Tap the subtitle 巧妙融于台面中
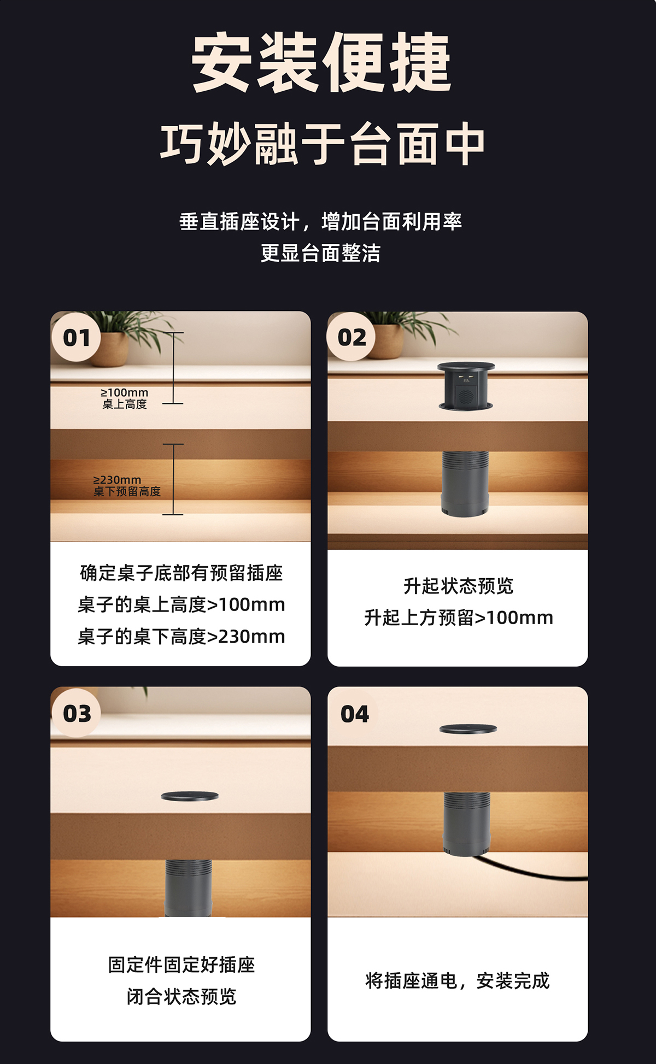(x=323, y=144)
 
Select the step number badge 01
(x=77, y=338)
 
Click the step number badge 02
(x=352, y=338)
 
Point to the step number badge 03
(x=77, y=713)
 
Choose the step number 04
(x=355, y=714)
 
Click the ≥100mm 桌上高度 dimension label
(x=125, y=398)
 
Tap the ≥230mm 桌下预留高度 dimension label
(x=127, y=486)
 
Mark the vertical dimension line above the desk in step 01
(x=173, y=368)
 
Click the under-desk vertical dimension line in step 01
(x=173, y=479)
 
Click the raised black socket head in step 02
(x=466, y=386)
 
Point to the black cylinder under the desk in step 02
(x=465, y=484)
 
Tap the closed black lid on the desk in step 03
(x=190, y=796)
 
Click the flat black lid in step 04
(x=468, y=728)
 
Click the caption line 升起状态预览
(x=458, y=586)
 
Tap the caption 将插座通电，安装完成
(x=458, y=981)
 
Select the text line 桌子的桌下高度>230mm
(x=181, y=636)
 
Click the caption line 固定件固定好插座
(x=181, y=965)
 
